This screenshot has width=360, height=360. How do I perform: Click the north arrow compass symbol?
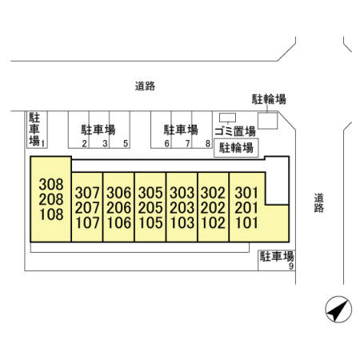[x=338, y=309]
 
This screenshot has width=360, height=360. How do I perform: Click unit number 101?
[x=246, y=223]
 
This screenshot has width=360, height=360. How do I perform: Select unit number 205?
[x=150, y=208]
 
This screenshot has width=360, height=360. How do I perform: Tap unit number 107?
[x=87, y=223]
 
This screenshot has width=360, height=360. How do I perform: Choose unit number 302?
[x=213, y=193]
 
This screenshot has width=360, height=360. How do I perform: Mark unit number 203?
[x=182, y=208]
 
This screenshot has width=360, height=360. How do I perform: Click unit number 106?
[x=119, y=223]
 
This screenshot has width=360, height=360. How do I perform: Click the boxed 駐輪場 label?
[x=236, y=148]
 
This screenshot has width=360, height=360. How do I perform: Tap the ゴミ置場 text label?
[x=235, y=131]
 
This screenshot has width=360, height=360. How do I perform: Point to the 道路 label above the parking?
[x=145, y=86]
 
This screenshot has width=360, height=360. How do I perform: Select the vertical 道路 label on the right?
[x=318, y=203]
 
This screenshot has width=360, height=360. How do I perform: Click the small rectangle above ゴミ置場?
[x=227, y=118]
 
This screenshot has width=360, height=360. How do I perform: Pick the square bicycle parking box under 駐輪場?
[x=267, y=121]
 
